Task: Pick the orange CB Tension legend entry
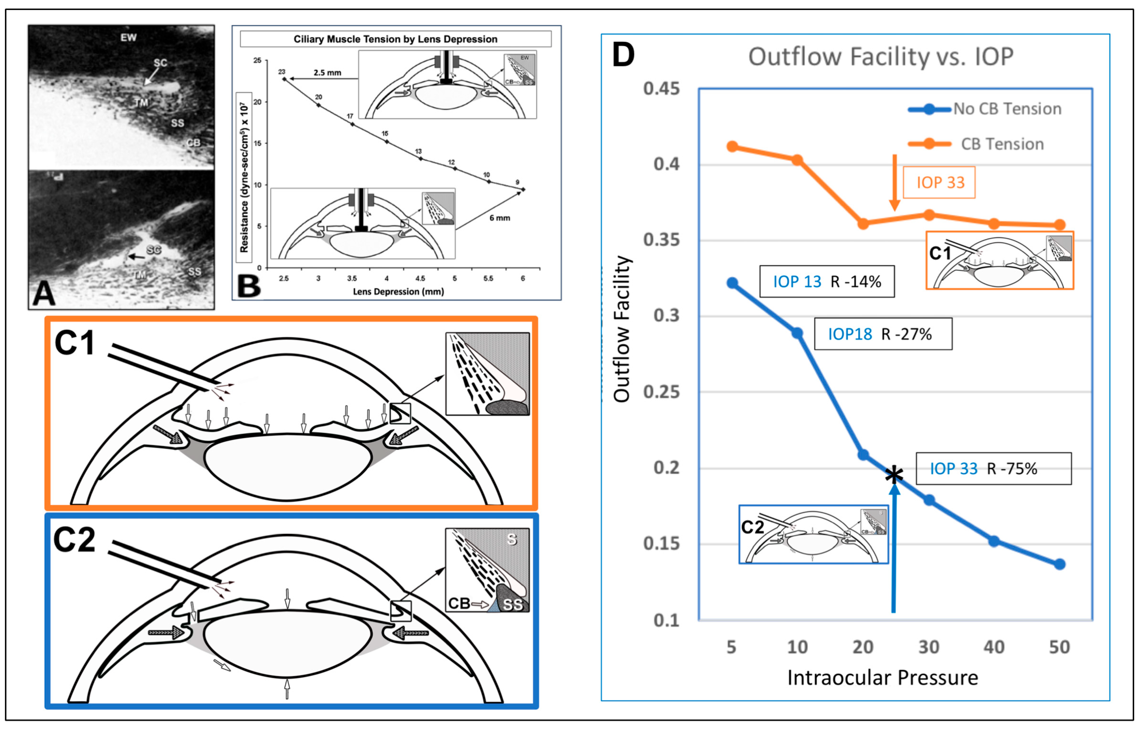coord(977,144)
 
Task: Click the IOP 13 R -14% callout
coord(827,282)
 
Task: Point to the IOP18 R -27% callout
coord(883,334)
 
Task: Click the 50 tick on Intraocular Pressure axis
coord(1060,647)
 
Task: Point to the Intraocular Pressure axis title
coord(883,678)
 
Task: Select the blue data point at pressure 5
coord(732,283)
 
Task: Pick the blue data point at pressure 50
coord(1060,564)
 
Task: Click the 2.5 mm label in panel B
coord(327,73)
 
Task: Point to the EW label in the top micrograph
coord(129,37)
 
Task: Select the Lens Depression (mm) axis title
coord(398,291)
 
